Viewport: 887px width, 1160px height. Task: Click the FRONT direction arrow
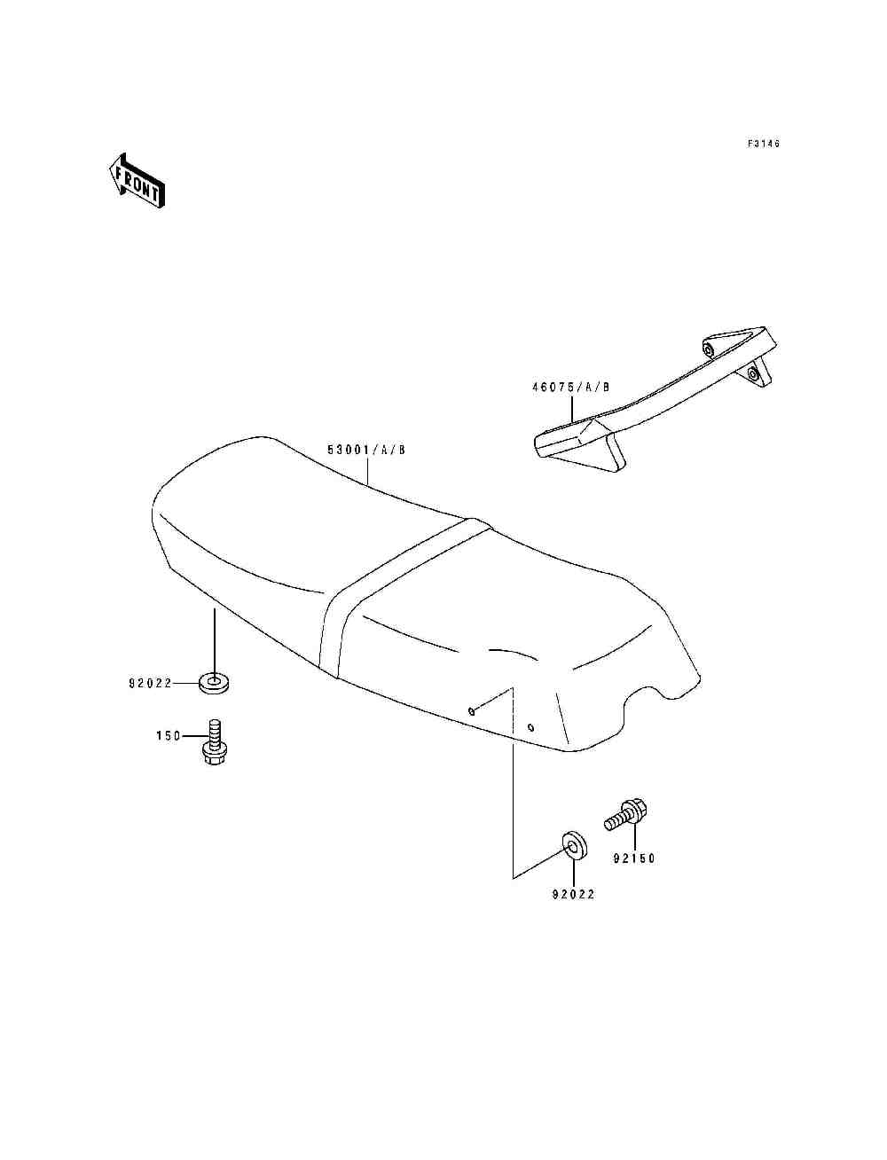click(x=137, y=181)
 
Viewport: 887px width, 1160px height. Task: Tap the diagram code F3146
click(x=764, y=144)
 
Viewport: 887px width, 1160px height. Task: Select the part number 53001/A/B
click(x=366, y=450)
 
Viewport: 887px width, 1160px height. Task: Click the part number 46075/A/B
click(x=571, y=388)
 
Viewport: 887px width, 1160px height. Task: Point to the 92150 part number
click(x=634, y=858)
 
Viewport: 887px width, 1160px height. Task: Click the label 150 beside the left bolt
click(x=169, y=735)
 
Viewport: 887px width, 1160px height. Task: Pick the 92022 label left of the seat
click(x=151, y=683)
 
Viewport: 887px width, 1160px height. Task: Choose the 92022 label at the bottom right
click(x=574, y=894)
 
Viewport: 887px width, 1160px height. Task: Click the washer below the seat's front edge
click(x=214, y=683)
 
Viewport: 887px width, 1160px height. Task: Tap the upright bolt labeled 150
click(x=214, y=742)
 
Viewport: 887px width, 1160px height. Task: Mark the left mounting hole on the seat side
click(x=472, y=711)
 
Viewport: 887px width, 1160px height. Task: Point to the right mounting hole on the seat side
click(x=530, y=728)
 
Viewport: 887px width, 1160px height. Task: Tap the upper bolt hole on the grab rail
click(x=707, y=349)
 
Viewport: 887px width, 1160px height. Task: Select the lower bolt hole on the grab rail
click(x=752, y=374)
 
